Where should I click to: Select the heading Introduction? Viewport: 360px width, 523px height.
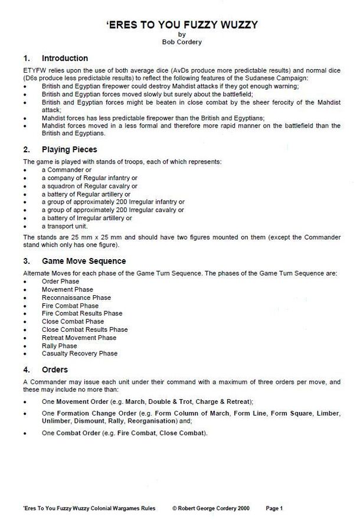coord(65,58)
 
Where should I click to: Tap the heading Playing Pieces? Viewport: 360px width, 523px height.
coord(69,150)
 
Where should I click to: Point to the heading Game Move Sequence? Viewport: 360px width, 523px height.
coord(84,261)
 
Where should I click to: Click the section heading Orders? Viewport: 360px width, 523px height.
coord(55,370)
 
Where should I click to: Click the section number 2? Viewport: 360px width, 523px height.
coord(26,150)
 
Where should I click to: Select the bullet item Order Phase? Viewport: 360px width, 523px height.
coord(60,282)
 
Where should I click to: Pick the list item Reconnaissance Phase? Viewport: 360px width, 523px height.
coord(76,298)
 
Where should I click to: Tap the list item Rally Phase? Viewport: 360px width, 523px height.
coord(59,346)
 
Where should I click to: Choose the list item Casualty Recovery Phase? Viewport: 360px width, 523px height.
coord(79,354)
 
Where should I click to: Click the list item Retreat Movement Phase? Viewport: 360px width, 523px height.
coord(78,338)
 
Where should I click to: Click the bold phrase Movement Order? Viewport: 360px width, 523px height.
coord(84,401)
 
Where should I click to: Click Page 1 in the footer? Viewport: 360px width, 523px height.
coord(274,508)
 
